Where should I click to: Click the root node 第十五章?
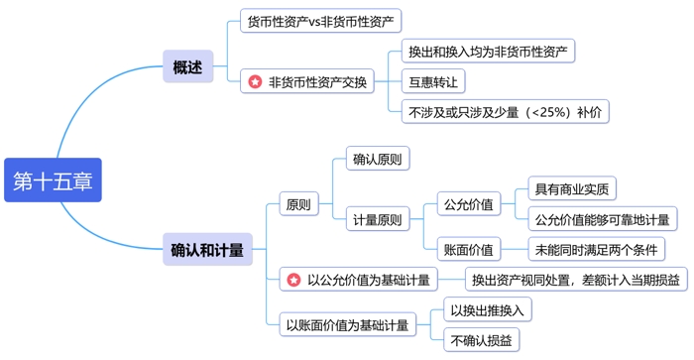(x=53, y=180)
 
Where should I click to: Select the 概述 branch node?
(x=187, y=67)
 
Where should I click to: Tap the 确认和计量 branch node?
(x=207, y=250)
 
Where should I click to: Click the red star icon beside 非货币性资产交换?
(x=256, y=82)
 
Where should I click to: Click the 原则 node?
(x=297, y=205)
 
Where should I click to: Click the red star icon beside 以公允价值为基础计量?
(x=293, y=281)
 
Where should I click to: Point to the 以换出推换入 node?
(x=488, y=310)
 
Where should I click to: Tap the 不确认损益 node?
(x=481, y=340)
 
